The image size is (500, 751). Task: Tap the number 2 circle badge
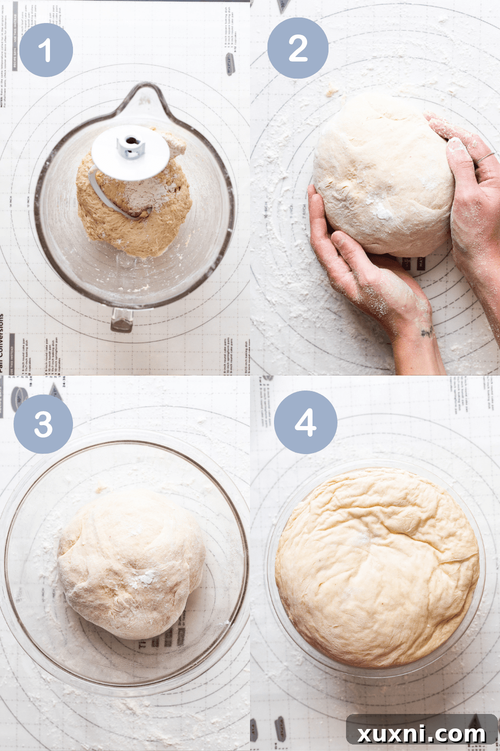pyautogui.click(x=298, y=48)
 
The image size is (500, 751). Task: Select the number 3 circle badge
pyautogui.click(x=43, y=424)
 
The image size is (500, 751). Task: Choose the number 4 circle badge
pyautogui.click(x=305, y=423)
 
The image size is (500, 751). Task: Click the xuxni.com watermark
pyautogui.click(x=421, y=733)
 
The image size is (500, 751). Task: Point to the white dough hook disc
pyautogui.click(x=130, y=153)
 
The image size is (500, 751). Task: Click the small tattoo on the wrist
pyautogui.click(x=426, y=331)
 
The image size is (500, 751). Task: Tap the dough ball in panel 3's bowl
pyautogui.click(x=131, y=563)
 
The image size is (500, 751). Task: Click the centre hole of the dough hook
pyautogui.click(x=131, y=141)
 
